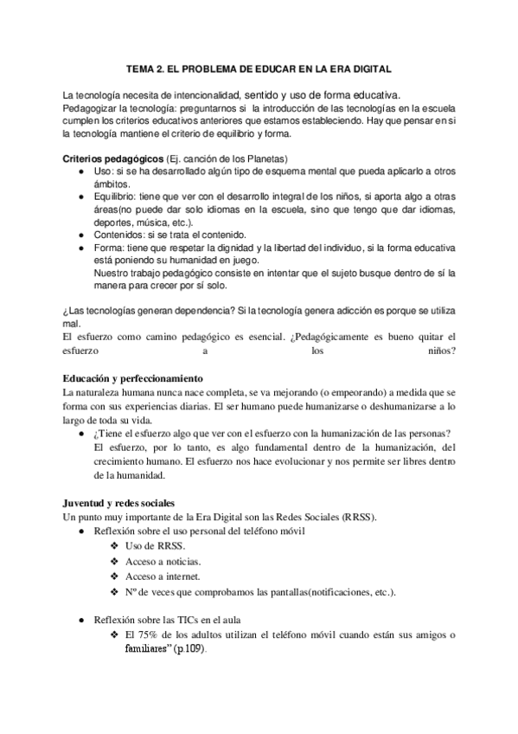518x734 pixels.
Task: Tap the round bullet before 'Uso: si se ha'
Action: (x=80, y=172)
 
